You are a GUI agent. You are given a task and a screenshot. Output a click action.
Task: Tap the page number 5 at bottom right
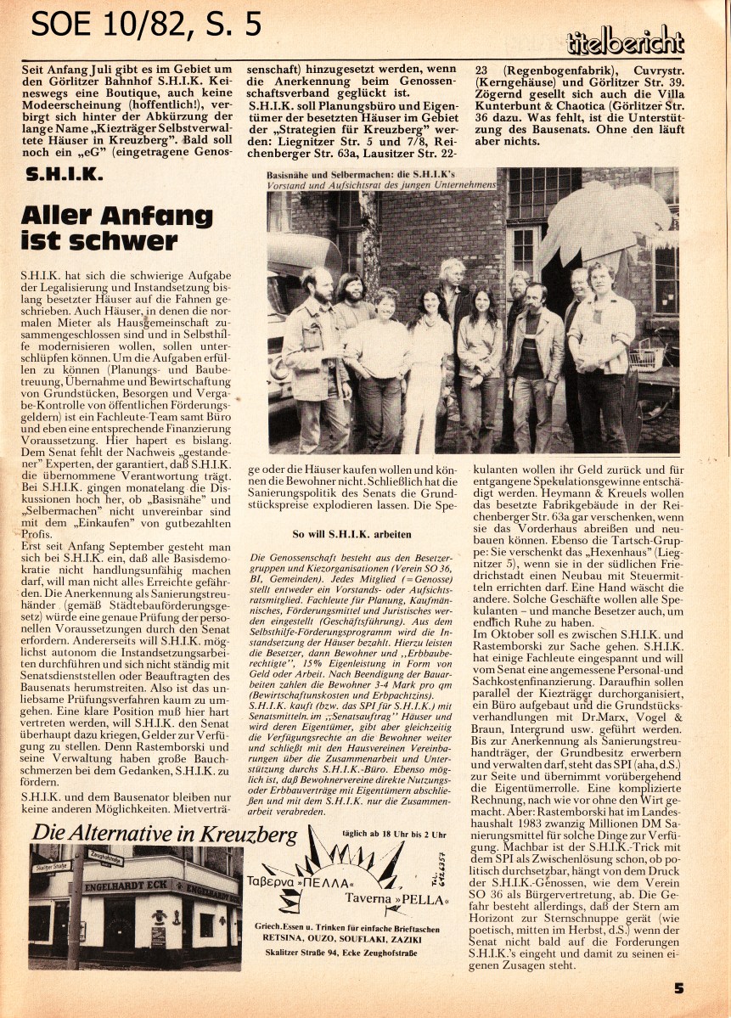pyautogui.click(x=678, y=987)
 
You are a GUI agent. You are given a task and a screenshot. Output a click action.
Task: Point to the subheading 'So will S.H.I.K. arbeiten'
pyautogui.click(x=351, y=535)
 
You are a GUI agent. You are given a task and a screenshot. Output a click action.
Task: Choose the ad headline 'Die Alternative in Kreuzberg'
pyautogui.click(x=165, y=834)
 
